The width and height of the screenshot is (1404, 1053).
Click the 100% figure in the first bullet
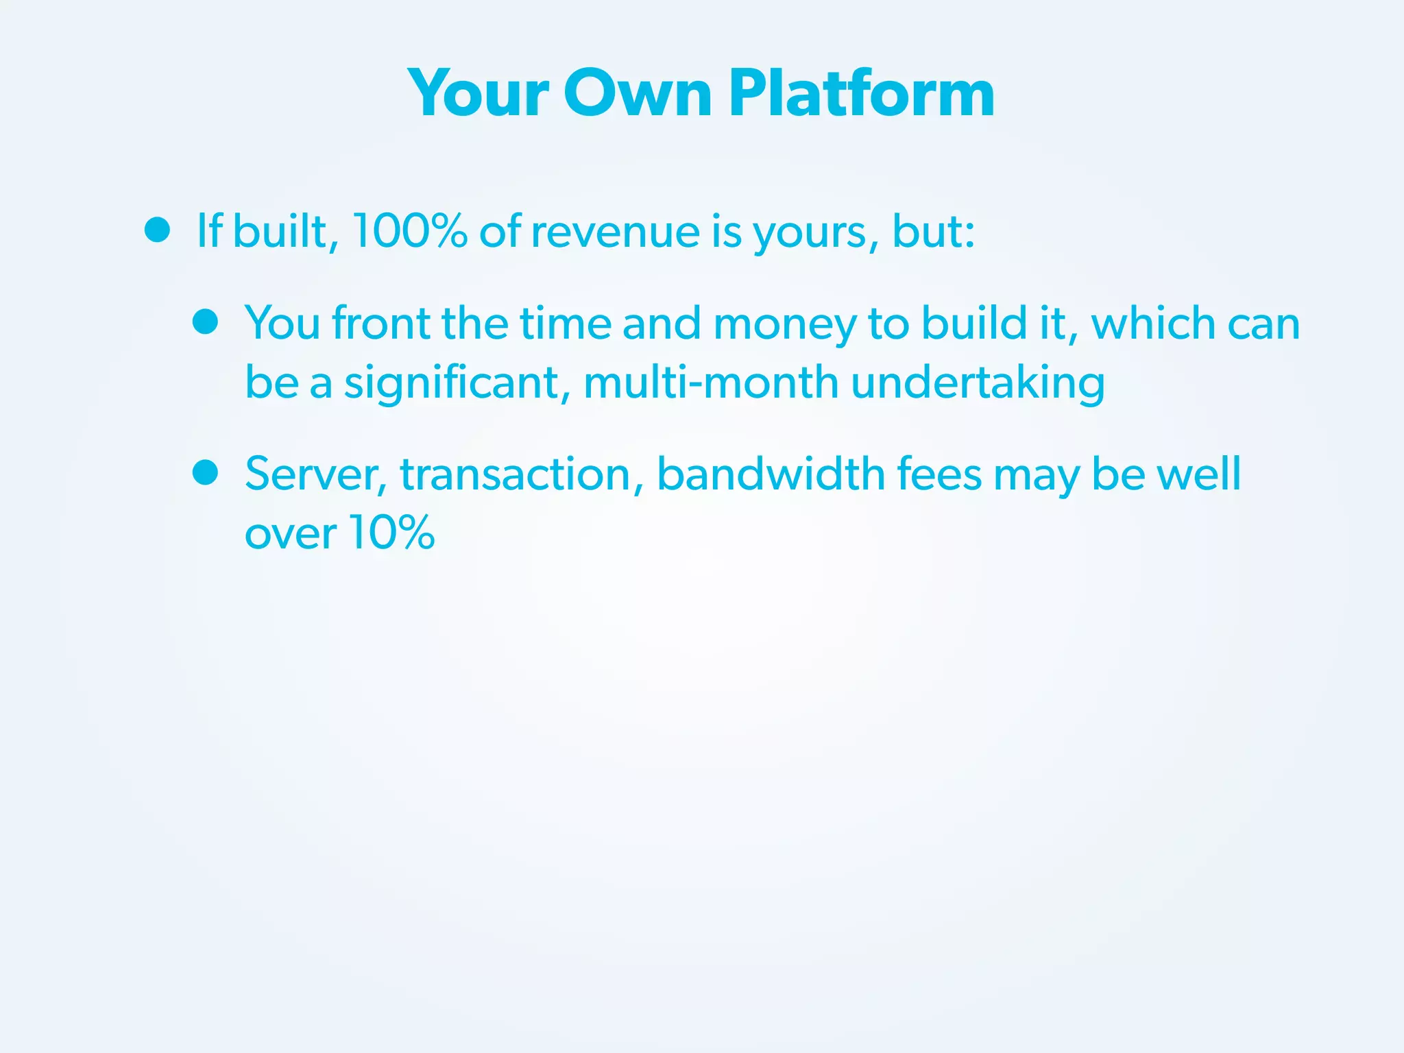409,231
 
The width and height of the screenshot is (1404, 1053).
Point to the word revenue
615,232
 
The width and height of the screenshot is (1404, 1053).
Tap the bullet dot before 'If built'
157,230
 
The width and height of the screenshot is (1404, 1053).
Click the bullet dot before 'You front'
205,322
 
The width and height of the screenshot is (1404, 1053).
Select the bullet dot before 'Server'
205,472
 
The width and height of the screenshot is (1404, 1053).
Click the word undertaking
978,383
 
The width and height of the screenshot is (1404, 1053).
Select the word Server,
316,474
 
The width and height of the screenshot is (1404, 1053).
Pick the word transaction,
522,474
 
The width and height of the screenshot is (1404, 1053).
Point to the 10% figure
391,532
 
